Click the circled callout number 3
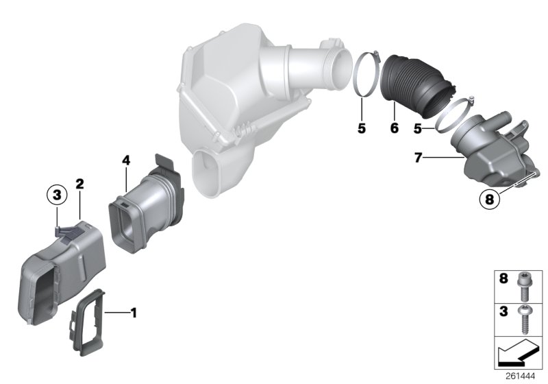coord(58,195)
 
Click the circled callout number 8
coord(488,201)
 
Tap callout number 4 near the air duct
coord(126,161)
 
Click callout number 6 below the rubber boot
coord(394,128)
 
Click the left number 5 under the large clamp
coord(361,128)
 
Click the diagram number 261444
coord(524,376)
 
